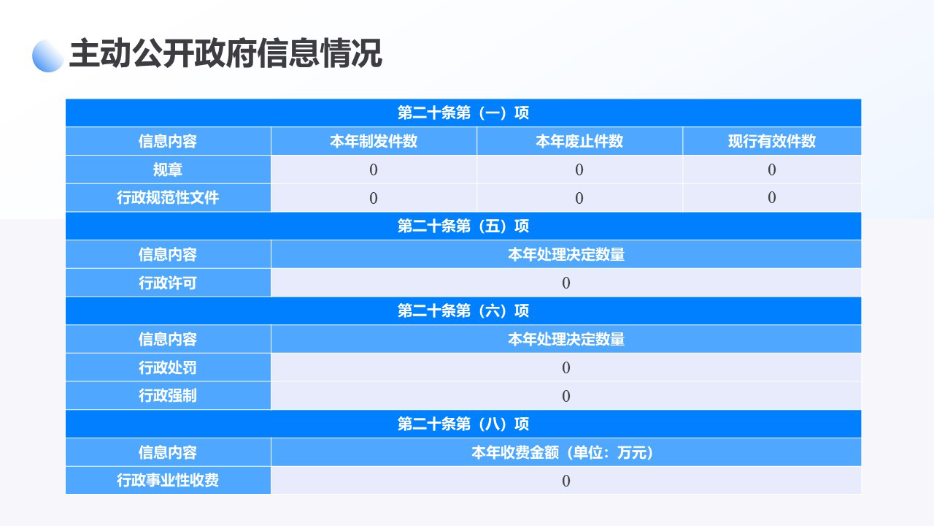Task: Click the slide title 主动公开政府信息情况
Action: point(225,53)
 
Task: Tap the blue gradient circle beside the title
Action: point(48,56)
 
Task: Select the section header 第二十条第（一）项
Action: point(463,113)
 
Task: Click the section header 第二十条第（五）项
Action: point(463,226)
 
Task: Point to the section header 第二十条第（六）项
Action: point(463,311)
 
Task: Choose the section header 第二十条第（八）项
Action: point(463,424)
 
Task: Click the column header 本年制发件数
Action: point(374,141)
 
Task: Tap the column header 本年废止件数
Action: point(579,141)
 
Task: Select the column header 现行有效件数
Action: point(772,141)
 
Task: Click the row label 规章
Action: point(168,169)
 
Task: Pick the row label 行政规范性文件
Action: point(168,197)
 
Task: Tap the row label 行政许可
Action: point(168,283)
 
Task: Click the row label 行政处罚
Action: point(168,367)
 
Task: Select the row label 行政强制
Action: point(168,396)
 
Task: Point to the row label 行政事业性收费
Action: point(168,480)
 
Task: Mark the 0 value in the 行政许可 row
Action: point(566,283)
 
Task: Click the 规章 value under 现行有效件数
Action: point(772,169)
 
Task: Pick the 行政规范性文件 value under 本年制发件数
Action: point(374,198)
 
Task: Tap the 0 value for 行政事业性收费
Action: point(566,481)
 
